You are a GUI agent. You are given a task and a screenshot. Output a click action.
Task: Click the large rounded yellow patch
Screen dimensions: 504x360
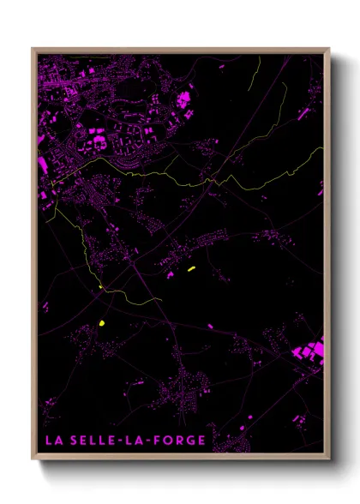pos(102,323)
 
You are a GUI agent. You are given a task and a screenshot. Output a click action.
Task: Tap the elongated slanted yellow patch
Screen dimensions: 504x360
pos(192,269)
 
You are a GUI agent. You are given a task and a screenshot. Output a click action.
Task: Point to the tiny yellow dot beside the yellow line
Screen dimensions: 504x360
pos(100,285)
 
